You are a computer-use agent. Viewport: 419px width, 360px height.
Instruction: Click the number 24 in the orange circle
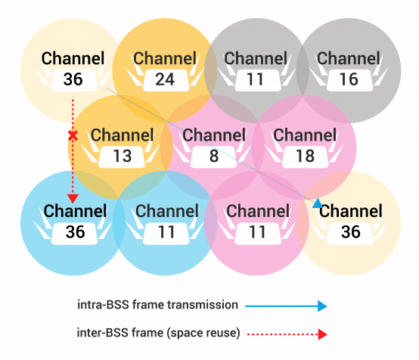165,79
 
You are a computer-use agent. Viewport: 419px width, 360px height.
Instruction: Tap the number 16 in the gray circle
349,79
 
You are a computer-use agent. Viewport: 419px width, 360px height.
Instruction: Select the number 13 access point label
123,156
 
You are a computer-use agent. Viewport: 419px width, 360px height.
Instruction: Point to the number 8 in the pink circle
214,156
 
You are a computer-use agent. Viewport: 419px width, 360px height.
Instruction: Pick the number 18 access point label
305,156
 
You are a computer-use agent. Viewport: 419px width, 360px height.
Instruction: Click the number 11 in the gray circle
255,79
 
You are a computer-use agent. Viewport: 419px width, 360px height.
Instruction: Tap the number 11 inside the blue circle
166,231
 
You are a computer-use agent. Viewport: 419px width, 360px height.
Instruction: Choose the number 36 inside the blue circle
76,231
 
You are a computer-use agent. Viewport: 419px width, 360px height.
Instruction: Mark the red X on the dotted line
73,135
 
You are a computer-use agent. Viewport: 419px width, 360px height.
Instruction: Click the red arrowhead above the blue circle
73,199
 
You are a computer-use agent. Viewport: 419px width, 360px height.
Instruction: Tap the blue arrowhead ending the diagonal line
318,203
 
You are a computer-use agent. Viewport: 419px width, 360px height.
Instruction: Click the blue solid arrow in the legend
286,306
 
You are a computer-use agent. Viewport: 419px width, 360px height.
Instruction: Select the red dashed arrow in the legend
287,334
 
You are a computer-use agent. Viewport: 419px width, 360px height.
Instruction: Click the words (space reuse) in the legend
203,334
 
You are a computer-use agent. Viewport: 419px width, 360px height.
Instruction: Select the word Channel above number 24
165,58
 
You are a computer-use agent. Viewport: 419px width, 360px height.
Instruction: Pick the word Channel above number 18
305,135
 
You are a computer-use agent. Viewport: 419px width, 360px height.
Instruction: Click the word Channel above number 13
123,135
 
